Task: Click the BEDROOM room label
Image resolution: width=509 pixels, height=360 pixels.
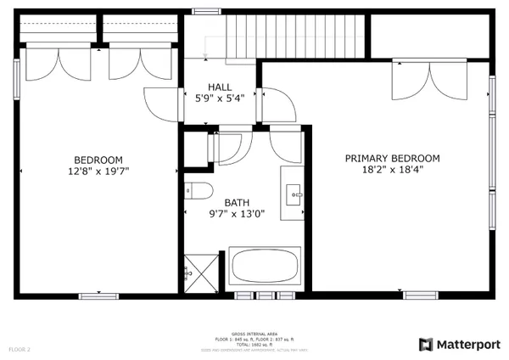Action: click(x=98, y=160)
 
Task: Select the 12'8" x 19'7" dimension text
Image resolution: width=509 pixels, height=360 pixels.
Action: click(x=98, y=171)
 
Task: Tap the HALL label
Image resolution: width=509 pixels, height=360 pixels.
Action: click(x=220, y=87)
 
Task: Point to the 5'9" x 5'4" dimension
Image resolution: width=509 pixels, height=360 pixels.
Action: click(x=220, y=98)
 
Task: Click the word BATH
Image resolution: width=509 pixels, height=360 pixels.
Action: click(x=237, y=203)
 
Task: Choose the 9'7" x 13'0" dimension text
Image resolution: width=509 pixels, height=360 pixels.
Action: click(x=237, y=214)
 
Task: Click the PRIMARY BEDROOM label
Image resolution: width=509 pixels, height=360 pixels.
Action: click(x=392, y=158)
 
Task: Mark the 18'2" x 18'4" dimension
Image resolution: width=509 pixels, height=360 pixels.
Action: click(x=392, y=169)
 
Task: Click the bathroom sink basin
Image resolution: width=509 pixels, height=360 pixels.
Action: click(x=296, y=194)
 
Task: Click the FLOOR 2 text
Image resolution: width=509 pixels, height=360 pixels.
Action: click(x=20, y=349)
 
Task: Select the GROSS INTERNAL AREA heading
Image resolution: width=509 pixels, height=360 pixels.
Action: click(x=254, y=336)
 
